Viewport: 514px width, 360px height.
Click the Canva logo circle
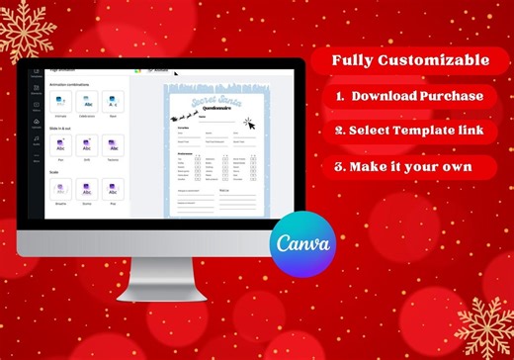[x=302, y=241]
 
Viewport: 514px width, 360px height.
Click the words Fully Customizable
[x=409, y=60]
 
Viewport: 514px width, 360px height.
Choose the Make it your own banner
[x=409, y=166]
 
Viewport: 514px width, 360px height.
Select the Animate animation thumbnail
[x=59, y=101]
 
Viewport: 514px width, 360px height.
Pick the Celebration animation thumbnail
[x=87, y=101]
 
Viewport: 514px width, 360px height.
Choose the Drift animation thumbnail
[x=87, y=144]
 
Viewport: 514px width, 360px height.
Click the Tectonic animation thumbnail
[x=114, y=144]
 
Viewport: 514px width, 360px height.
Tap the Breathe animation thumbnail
[x=59, y=188]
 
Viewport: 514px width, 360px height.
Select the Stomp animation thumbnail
[x=87, y=188]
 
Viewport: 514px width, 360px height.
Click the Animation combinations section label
[x=69, y=84]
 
